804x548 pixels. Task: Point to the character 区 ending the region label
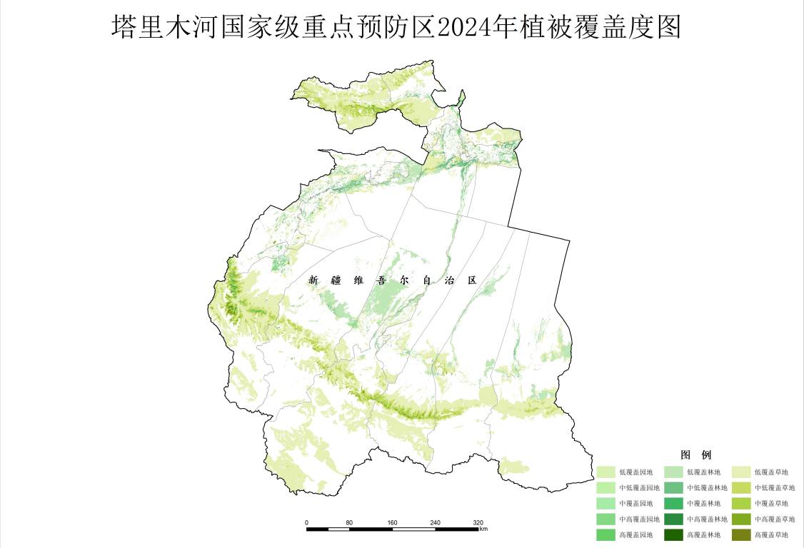471,280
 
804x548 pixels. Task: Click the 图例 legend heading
695,455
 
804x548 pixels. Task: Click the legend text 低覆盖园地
635,472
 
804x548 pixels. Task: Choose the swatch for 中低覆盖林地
674,488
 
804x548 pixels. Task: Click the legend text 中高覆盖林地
707,519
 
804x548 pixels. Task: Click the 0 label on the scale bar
306,522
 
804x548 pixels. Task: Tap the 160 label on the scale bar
392,522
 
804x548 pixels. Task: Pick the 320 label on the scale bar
478,522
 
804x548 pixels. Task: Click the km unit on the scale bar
483,529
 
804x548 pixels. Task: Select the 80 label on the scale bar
349,522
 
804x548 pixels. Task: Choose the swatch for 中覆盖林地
674,504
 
